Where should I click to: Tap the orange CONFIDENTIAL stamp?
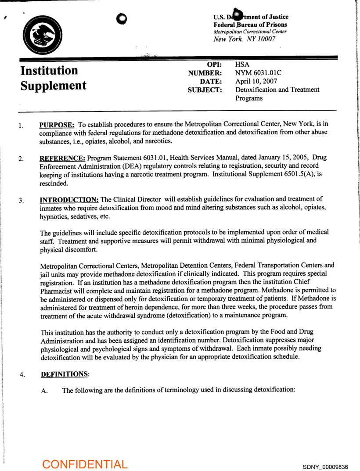(85, 464)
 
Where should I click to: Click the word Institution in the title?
(49, 70)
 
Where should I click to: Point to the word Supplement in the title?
(54, 85)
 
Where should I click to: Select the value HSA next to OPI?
(242, 65)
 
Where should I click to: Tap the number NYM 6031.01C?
(259, 73)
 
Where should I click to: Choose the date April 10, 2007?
(256, 81)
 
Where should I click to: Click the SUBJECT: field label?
(205, 90)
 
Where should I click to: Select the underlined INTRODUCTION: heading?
(69, 200)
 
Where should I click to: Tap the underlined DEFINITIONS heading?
(65, 374)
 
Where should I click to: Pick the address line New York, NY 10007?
(244, 39)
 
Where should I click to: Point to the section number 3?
(21, 201)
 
